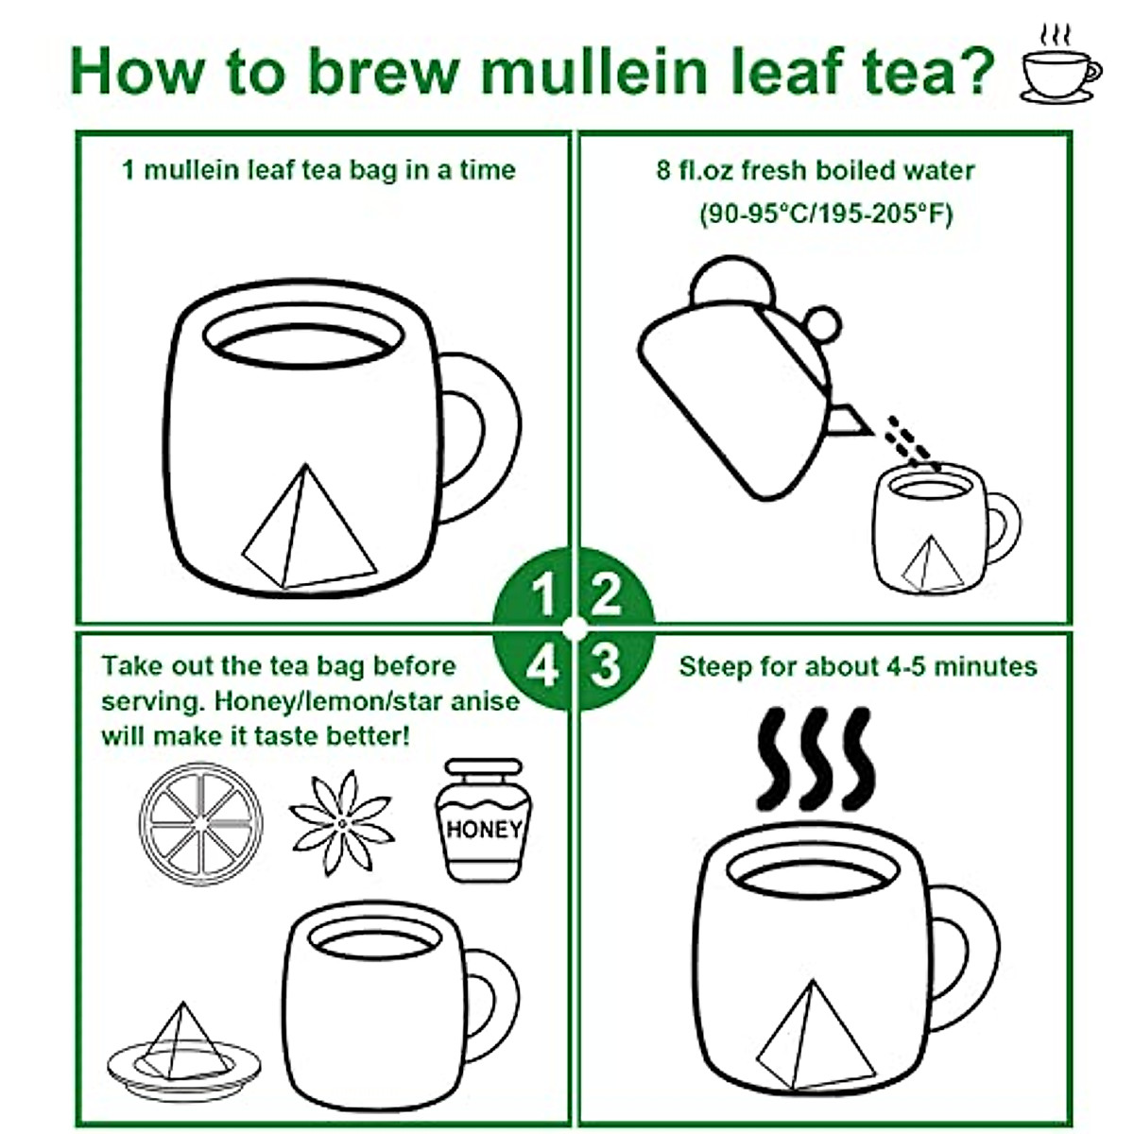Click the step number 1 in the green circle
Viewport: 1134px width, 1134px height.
[542, 595]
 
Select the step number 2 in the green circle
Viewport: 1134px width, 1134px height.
[606, 594]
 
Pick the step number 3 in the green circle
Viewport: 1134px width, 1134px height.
[606, 665]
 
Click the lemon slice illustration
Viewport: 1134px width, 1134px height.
[200, 824]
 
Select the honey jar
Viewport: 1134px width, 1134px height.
[484, 819]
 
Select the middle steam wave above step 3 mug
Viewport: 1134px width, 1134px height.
[816, 759]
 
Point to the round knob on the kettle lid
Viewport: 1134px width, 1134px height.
[732, 282]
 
